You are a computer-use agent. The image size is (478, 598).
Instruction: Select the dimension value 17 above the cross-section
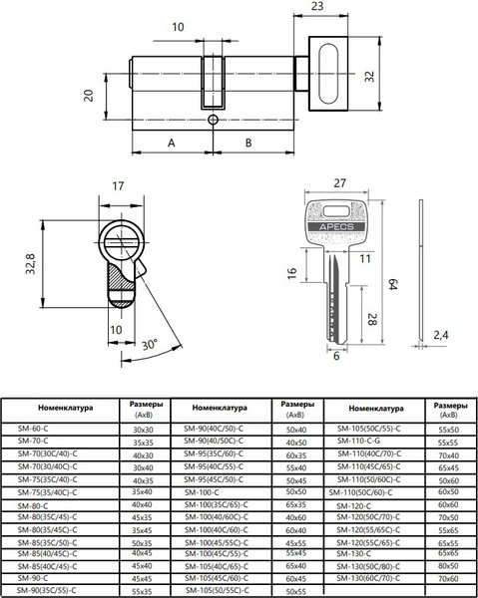tap(118, 185)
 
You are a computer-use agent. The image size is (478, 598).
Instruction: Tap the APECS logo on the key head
tap(337, 225)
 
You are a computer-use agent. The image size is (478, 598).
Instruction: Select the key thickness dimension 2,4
tap(440, 334)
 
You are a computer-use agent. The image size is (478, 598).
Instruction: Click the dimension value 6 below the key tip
tap(335, 357)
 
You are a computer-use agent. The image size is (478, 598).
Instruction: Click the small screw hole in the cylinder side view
tap(212, 118)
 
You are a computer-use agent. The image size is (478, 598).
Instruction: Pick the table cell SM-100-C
tap(206, 491)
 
